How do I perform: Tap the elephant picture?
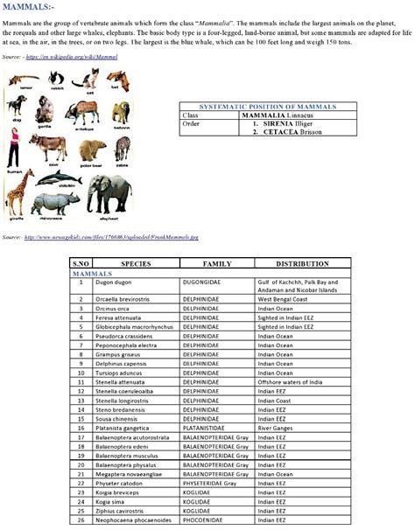[109, 194]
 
